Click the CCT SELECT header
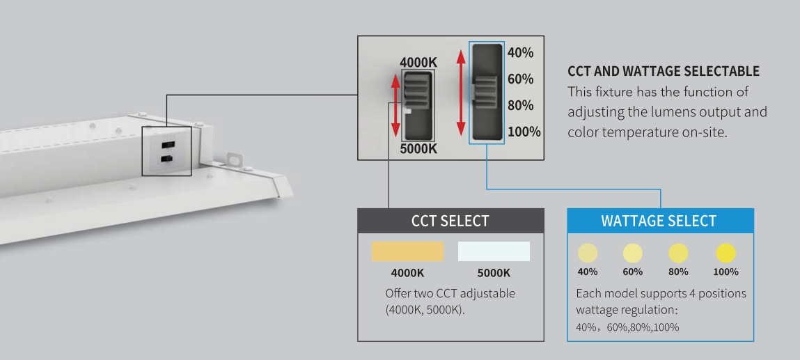click(450, 221)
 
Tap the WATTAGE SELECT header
click(659, 221)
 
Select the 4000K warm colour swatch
click(407, 251)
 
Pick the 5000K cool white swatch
click(494, 251)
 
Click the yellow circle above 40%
click(588, 253)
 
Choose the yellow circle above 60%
click(633, 253)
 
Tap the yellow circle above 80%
click(678, 253)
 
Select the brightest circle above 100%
click(726, 253)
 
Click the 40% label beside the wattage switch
click(521, 53)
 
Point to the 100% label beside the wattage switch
click(524, 132)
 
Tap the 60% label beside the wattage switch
click(521, 79)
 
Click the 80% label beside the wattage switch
click(521, 106)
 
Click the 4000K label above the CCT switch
click(418, 63)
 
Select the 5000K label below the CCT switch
click(418, 148)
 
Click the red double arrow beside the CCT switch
click(395, 105)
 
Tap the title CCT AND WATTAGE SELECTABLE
click(664, 72)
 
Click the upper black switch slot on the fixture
click(167, 144)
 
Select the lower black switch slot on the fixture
click(167, 159)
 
